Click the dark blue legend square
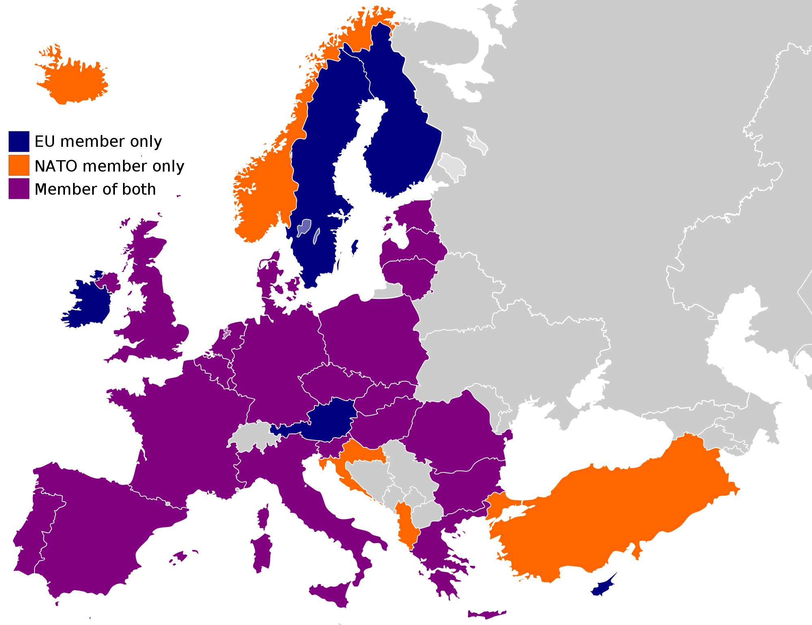tap(19, 141)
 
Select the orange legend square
tap(19, 165)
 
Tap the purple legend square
tap(19, 189)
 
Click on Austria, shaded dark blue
tap(331, 420)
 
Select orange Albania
tap(406, 525)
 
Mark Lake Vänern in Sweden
tap(304, 227)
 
